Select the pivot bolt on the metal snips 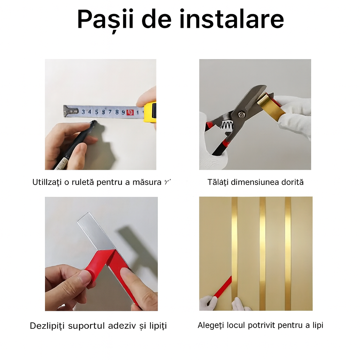click(x=242, y=114)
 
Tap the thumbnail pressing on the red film click(x=84, y=277)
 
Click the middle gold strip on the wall click(x=262, y=253)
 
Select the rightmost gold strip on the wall click(x=288, y=253)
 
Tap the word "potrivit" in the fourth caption click(x=262, y=325)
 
